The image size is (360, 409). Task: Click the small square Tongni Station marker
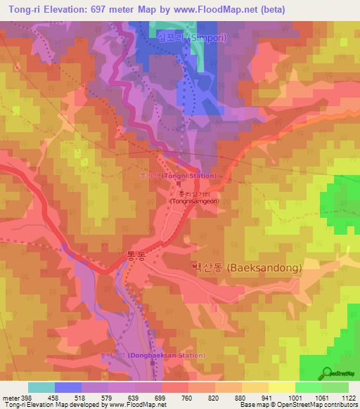point(178,183)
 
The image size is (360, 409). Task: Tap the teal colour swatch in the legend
point(41,387)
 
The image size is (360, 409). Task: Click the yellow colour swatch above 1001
point(281,387)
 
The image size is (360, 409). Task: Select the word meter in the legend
point(10,397)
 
